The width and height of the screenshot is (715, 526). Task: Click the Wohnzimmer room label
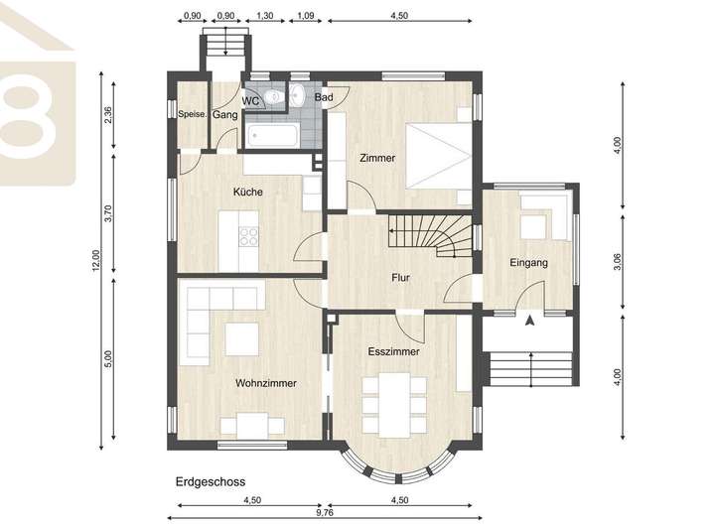click(265, 383)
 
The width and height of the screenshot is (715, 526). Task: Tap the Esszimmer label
click(393, 351)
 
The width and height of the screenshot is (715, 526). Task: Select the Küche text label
click(247, 192)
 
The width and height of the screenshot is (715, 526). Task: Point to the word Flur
click(400, 278)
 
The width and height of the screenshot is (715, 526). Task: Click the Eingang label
click(528, 263)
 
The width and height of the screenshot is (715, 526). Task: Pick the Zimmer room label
click(377, 158)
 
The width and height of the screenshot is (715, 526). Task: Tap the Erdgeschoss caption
click(211, 481)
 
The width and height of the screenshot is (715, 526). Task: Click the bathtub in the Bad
click(273, 136)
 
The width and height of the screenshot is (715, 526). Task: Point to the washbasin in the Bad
click(297, 95)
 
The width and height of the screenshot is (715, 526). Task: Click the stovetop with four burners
click(248, 236)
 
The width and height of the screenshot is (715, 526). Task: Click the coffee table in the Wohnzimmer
click(242, 339)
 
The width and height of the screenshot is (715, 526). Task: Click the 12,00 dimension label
click(95, 260)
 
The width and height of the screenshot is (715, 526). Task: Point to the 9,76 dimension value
click(325, 512)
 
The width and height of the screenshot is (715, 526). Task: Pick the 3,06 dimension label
click(618, 262)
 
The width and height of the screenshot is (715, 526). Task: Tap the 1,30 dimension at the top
click(264, 16)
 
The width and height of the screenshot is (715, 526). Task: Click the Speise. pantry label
click(192, 114)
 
